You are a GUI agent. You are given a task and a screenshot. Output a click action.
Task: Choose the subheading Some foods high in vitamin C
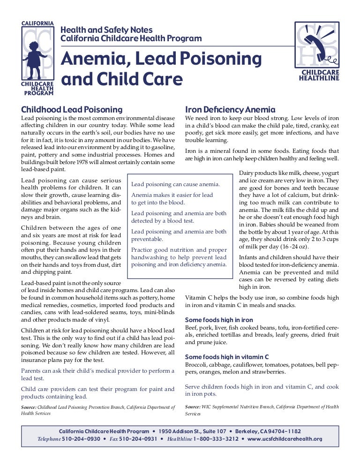pyautogui.click(x=227, y=356)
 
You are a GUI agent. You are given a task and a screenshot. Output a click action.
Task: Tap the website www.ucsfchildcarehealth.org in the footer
pyautogui.click(x=285, y=439)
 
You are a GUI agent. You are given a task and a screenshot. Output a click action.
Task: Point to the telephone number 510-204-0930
pyautogui.click(x=81, y=439)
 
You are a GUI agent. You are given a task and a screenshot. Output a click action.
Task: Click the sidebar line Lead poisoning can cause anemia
pyautogui.click(x=175, y=184)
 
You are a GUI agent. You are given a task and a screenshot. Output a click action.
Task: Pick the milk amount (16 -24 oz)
pyautogui.click(x=295, y=247)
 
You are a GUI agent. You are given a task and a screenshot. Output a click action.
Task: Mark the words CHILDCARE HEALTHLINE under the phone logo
pyautogui.click(x=319, y=75)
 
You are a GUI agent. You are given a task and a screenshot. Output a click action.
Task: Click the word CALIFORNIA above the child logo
pyautogui.click(x=37, y=23)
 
